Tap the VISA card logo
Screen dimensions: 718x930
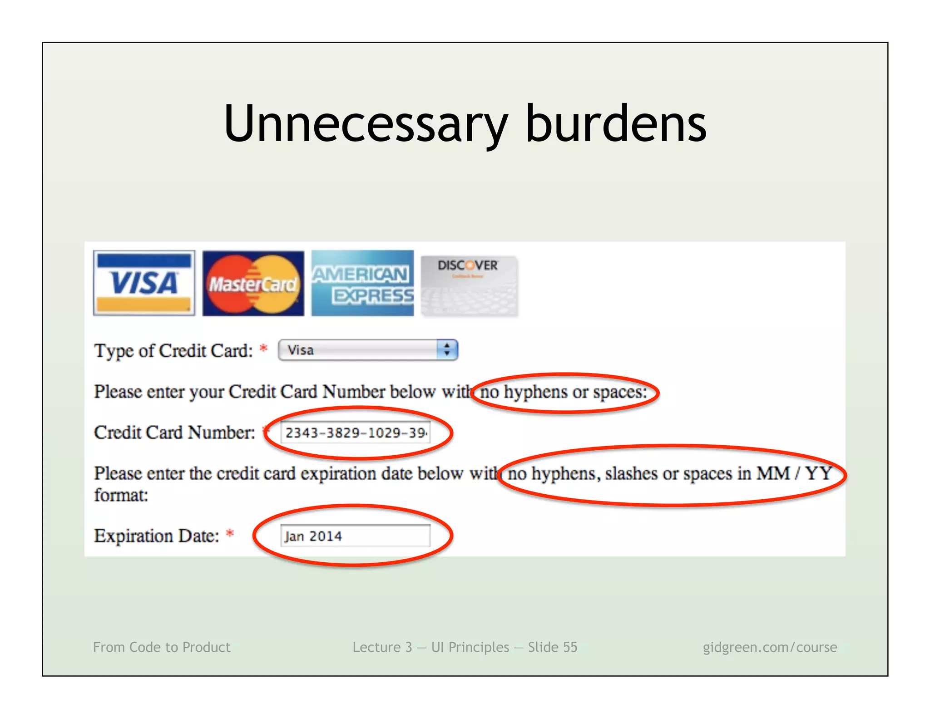click(144, 283)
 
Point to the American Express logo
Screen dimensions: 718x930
click(362, 283)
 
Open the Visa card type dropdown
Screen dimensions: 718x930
click(359, 350)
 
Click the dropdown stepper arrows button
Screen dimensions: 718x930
click(447, 350)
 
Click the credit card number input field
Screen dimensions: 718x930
click(355, 433)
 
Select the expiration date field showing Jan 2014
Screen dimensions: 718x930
click(355, 536)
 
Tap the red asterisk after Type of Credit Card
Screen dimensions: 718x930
click(263, 349)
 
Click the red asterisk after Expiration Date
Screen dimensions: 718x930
click(230, 534)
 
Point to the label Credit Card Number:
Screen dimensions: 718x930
click(174, 433)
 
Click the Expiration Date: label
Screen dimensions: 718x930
click(156, 536)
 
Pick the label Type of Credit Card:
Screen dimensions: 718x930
click(173, 351)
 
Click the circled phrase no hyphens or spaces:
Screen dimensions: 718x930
click(564, 392)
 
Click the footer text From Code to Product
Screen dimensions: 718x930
click(162, 647)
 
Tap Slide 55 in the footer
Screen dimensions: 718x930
click(552, 647)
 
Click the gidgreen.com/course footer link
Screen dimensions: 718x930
click(770, 647)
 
